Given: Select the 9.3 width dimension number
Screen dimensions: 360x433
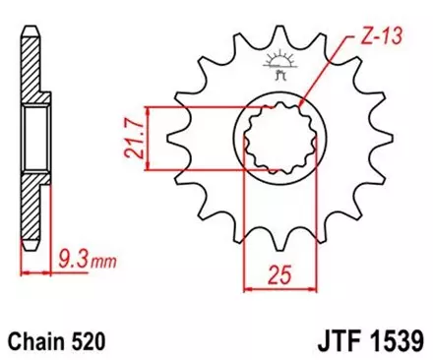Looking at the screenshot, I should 62,263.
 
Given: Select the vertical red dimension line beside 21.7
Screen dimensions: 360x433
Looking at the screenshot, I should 148,138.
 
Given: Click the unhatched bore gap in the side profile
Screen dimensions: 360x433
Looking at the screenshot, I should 32,138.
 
